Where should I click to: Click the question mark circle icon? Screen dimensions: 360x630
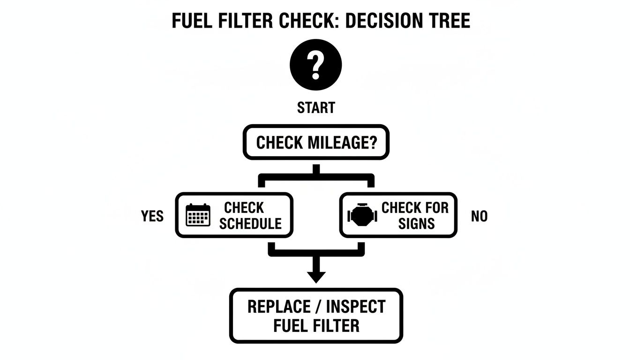(316, 65)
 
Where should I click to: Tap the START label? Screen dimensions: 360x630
(316, 108)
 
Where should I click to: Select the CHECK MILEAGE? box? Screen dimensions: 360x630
(316, 142)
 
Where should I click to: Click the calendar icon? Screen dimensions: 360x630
(198, 216)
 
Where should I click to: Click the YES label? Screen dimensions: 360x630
(152, 216)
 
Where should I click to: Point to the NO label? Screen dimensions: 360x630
(479, 216)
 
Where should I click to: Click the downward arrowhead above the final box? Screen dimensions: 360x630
(316, 276)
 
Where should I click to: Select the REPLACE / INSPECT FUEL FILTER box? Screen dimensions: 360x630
(316, 315)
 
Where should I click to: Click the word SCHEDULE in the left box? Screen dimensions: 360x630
(250, 224)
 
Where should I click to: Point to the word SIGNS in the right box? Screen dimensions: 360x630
(416, 224)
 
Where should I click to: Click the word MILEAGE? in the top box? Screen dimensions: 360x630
(343, 142)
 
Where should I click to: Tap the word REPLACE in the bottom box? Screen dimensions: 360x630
(278, 307)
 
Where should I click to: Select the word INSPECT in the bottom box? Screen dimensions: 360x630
(355, 307)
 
